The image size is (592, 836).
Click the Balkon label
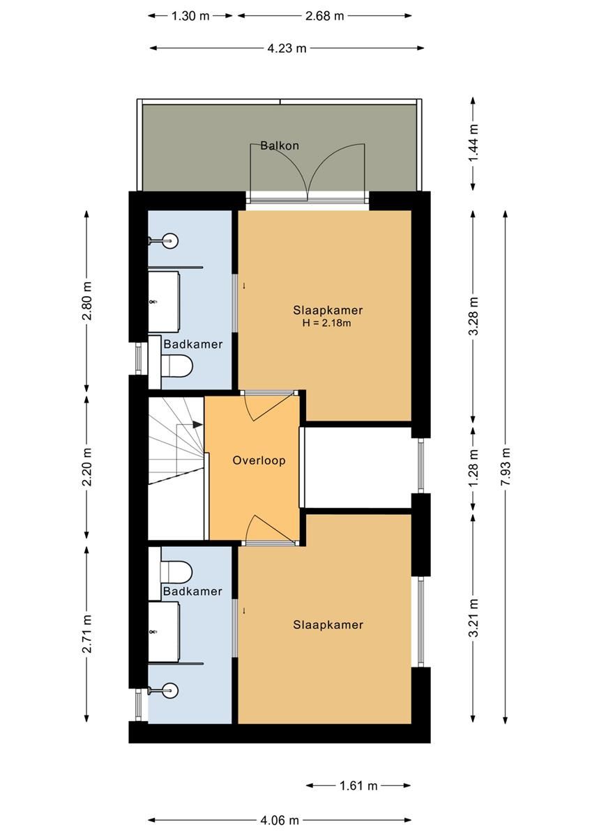pyautogui.click(x=280, y=146)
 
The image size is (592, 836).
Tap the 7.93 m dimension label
pyautogui.click(x=506, y=467)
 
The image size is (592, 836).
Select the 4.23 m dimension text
pyautogui.click(x=287, y=48)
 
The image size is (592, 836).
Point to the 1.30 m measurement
pyautogui.click(x=190, y=16)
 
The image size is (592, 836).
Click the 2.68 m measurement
pyautogui.click(x=324, y=16)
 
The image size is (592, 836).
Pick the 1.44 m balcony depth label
pyautogui.click(x=473, y=143)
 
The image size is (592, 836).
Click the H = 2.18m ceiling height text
pyautogui.click(x=326, y=323)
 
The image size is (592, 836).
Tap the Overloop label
pyautogui.click(x=259, y=460)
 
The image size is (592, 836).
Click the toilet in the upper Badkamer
pyautogui.click(x=176, y=366)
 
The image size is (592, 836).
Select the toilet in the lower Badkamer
pyautogui.click(x=176, y=571)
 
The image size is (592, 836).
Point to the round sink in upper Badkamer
pyautogui.click(x=170, y=241)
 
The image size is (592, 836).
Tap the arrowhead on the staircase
pyautogui.click(x=198, y=424)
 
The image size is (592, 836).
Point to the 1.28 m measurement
pyautogui.click(x=473, y=468)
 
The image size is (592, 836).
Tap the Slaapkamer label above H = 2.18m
pyautogui.click(x=328, y=310)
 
